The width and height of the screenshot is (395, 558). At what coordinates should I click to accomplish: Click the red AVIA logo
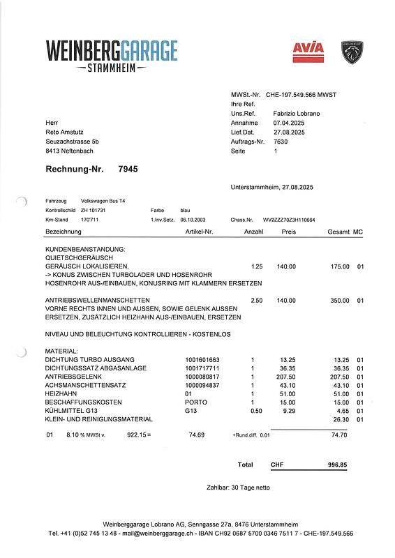click(x=308, y=51)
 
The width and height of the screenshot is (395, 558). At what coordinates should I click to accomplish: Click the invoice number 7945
click(x=128, y=169)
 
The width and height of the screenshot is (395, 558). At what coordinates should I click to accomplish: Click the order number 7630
click(x=281, y=141)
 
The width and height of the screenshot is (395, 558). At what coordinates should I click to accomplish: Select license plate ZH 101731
click(x=94, y=209)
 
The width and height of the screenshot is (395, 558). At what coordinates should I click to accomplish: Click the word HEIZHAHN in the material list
click(x=61, y=394)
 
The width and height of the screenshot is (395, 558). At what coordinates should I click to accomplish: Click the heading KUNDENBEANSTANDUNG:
click(x=84, y=248)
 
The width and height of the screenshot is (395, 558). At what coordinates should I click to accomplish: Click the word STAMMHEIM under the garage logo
click(x=112, y=68)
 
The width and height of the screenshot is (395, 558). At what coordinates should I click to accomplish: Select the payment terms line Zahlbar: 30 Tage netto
click(x=238, y=487)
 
